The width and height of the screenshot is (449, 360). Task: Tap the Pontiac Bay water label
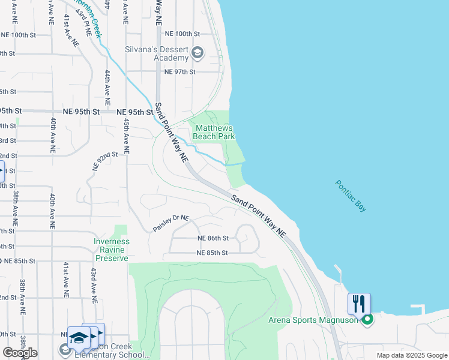[x=351, y=196]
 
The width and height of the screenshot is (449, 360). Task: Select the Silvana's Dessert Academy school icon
[x=197, y=54]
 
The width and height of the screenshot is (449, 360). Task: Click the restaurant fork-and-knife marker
[x=359, y=303]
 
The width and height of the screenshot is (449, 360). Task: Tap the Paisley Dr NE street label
[x=170, y=224]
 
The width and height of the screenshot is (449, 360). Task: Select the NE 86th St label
[x=213, y=238]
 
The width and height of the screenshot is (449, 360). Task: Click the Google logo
[x=20, y=353]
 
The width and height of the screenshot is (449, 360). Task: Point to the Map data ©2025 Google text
[x=411, y=355]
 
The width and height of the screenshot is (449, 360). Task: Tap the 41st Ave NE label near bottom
[x=65, y=279]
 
